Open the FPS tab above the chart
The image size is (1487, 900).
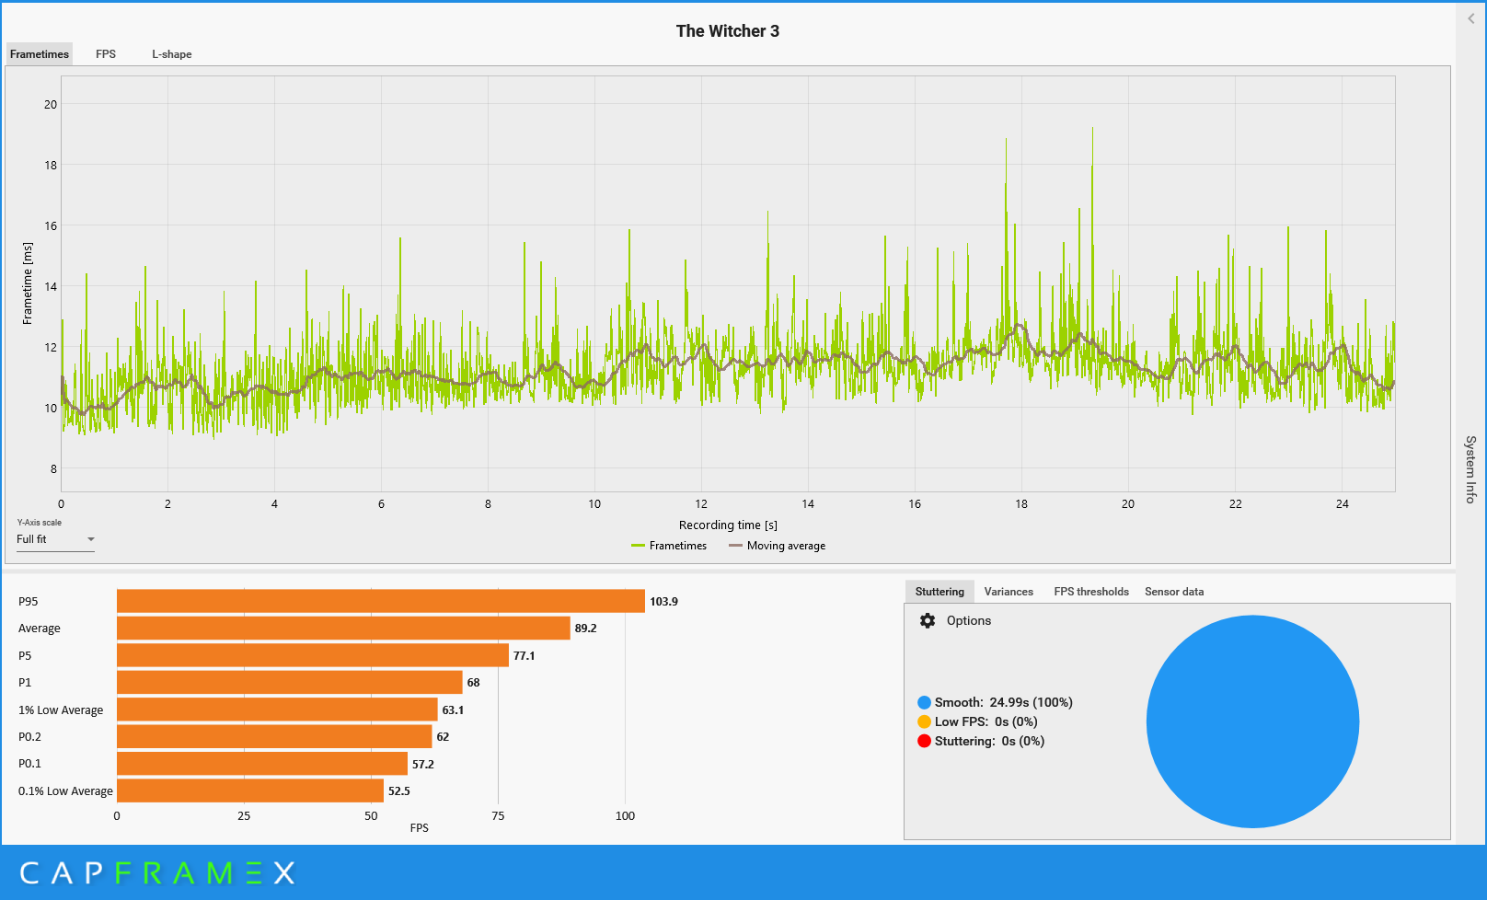(106, 53)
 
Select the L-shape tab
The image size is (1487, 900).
(171, 53)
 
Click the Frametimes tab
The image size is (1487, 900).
(40, 53)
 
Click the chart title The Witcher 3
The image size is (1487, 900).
(728, 31)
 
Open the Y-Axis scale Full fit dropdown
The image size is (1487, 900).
(56, 539)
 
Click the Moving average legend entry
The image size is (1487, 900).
(778, 546)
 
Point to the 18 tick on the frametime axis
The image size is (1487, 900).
(51, 165)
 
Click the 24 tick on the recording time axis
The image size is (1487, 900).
(1342, 503)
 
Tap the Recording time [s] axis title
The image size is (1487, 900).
(728, 525)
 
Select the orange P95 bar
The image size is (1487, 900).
(380, 601)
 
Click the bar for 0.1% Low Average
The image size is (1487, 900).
(250, 790)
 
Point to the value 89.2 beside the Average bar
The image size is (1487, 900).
(585, 628)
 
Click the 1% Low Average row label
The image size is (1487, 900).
(61, 710)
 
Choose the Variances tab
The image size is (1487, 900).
(1009, 592)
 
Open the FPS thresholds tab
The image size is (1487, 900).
(1090, 592)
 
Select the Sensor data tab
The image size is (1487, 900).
(1173, 592)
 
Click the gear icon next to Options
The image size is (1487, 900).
(928, 620)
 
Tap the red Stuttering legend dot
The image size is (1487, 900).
(924, 741)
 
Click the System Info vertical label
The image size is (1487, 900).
(1470, 469)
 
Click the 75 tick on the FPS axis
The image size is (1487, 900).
(498, 815)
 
